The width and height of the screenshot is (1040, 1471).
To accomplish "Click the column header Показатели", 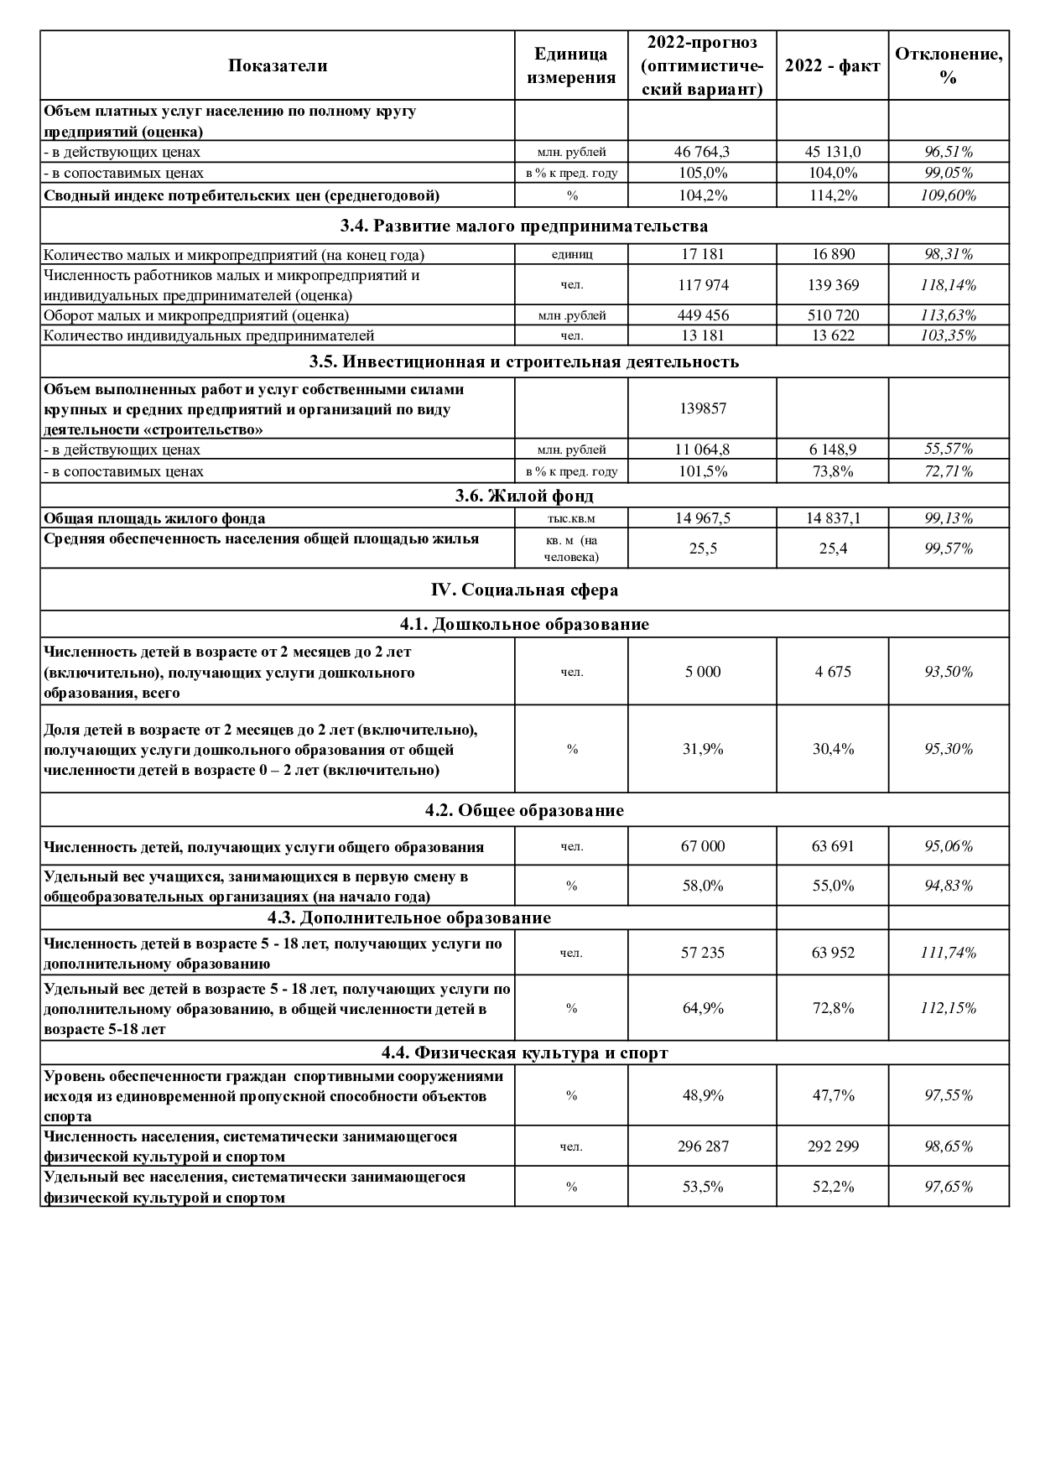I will [x=277, y=66].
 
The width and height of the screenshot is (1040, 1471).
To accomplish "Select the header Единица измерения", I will [x=571, y=66].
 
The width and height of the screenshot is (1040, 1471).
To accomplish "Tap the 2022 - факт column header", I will [x=832, y=66].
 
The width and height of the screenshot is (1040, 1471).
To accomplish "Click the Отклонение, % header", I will [x=949, y=66].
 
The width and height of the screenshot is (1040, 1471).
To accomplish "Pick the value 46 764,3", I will [x=702, y=152].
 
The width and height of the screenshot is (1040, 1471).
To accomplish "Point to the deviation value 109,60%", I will [x=949, y=196].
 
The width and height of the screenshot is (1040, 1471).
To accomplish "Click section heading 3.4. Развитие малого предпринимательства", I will [x=524, y=226].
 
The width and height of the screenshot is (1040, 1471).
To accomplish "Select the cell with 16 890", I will [x=832, y=254].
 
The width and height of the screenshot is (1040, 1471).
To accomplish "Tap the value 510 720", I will [x=832, y=315].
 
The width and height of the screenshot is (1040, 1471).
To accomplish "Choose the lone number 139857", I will [x=702, y=408].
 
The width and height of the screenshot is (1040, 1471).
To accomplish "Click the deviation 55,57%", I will [x=949, y=449].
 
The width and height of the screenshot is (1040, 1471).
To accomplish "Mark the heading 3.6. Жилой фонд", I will [x=524, y=496].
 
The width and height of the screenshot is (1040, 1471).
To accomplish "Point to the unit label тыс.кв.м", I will [x=571, y=518].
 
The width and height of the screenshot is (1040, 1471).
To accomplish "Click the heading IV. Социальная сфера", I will [x=524, y=590].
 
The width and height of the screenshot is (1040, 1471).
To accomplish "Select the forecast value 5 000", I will [x=702, y=672].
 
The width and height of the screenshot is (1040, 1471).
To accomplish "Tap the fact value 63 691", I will [x=832, y=846].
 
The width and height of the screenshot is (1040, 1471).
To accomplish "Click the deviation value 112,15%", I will [x=949, y=1008].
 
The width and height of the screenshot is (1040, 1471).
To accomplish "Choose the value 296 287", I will [x=702, y=1146].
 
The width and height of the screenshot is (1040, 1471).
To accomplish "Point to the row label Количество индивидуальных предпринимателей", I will [x=209, y=335].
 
